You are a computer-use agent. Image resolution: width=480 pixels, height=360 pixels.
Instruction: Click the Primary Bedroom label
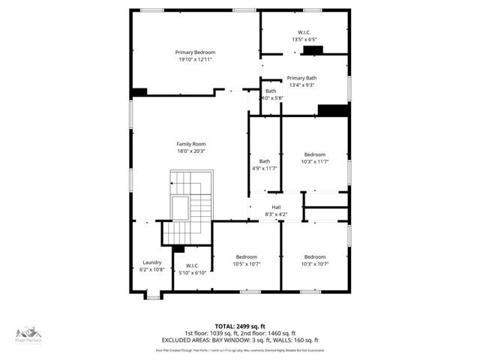(x=195, y=52)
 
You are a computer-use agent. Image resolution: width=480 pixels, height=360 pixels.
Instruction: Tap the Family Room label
(x=190, y=144)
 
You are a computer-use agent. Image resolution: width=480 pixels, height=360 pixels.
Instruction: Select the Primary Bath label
(x=301, y=78)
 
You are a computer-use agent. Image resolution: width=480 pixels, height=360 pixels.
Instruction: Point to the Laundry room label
(x=151, y=262)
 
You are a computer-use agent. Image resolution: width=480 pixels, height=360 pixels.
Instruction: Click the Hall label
(x=276, y=207)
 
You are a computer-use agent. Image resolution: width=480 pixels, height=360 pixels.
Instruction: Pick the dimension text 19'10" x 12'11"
(x=195, y=60)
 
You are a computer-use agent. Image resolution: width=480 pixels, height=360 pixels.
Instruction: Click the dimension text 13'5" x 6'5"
(x=305, y=39)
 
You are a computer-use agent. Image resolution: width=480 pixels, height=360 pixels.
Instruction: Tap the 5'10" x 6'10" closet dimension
(x=191, y=272)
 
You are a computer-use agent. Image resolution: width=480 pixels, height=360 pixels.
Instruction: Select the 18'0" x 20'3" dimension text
(x=190, y=151)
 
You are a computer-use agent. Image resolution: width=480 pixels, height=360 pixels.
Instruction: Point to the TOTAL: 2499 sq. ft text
(x=239, y=326)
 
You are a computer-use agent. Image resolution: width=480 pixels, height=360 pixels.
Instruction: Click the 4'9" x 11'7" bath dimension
(x=265, y=169)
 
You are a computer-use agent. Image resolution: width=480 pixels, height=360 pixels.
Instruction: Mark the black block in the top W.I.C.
(x=312, y=50)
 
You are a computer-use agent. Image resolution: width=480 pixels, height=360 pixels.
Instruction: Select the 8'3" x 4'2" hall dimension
(x=276, y=215)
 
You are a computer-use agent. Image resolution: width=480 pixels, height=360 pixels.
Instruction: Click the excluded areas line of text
(x=239, y=340)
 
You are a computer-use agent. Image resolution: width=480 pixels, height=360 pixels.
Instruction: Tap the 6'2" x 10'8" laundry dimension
(x=151, y=270)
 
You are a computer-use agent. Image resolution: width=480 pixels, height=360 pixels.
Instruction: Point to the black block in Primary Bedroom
(x=139, y=91)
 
